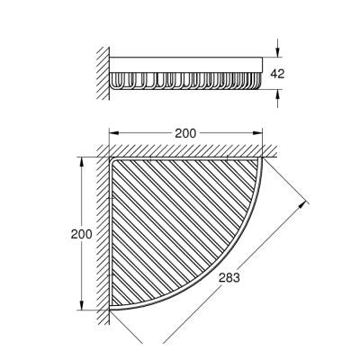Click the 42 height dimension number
click(x=277, y=74)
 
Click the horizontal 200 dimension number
click(x=185, y=133)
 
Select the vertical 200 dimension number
click(x=81, y=234)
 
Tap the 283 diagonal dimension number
click(x=229, y=278)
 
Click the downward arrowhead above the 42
click(x=278, y=52)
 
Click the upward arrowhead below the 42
click(x=278, y=94)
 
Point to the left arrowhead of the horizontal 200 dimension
click(x=113, y=133)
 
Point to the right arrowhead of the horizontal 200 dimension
click(x=257, y=133)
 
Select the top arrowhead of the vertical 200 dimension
click(x=81, y=162)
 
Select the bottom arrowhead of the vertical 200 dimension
click(x=81, y=304)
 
